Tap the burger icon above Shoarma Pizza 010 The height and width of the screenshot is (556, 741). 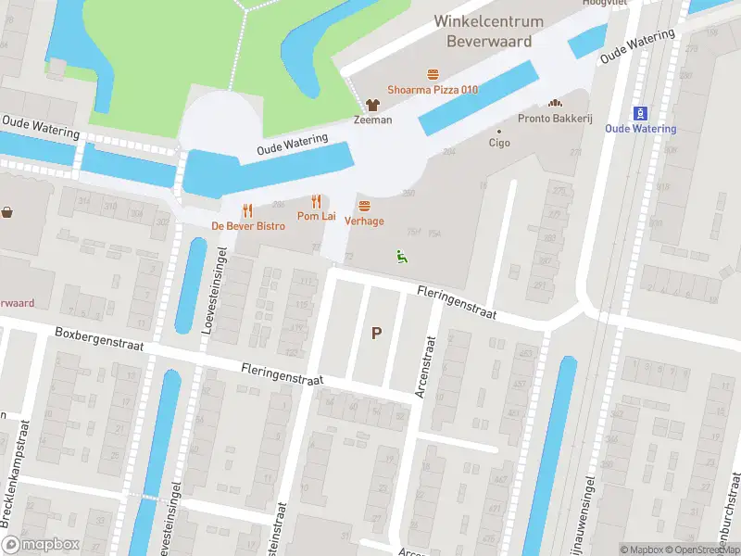pyautogui.click(x=433, y=74)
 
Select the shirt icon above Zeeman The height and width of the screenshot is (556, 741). pyautogui.click(x=372, y=105)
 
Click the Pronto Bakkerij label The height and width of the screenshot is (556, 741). pyautogui.click(x=555, y=118)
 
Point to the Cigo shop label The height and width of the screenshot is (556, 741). pyautogui.click(x=499, y=143)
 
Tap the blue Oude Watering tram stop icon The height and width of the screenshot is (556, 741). pyautogui.click(x=640, y=113)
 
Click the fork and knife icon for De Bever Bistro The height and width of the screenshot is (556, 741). pyautogui.click(x=247, y=210)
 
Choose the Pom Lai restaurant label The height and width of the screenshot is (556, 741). pyautogui.click(x=316, y=215)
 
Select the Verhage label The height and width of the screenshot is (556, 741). pyautogui.click(x=364, y=221)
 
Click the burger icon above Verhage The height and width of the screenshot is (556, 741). pyautogui.click(x=364, y=206)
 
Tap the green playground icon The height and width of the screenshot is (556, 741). pyautogui.click(x=401, y=257)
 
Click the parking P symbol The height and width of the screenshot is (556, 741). pyautogui.click(x=376, y=334)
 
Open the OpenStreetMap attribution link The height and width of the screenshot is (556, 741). pyautogui.click(x=706, y=550)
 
